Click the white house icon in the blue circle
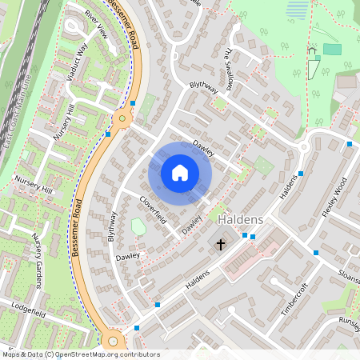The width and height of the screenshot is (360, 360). [x=180, y=172]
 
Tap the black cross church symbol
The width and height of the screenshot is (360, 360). [x=221, y=243]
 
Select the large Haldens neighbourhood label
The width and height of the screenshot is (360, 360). [x=240, y=218]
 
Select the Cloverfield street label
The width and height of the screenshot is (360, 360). [x=152, y=210]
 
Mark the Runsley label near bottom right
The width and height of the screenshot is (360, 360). [x=349, y=321]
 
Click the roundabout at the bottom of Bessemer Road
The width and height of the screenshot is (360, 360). [x=113, y=338]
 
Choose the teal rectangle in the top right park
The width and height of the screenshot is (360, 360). [x=331, y=49]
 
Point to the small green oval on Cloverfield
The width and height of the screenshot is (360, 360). [x=138, y=226]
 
